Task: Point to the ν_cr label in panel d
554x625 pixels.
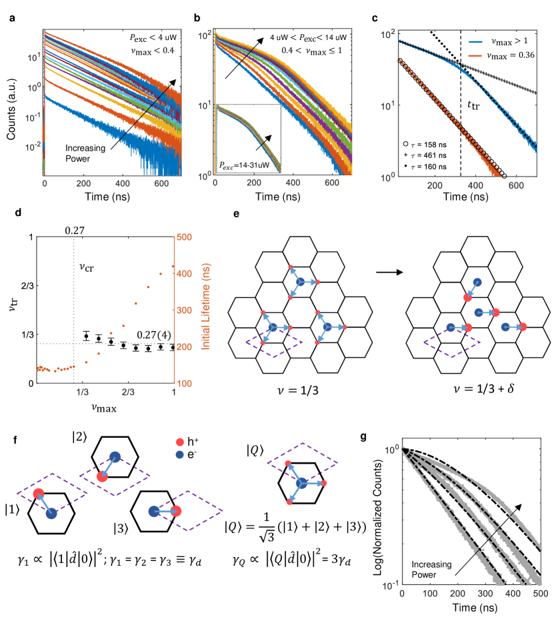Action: [84, 273]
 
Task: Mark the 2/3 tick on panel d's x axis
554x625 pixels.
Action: [128, 392]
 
